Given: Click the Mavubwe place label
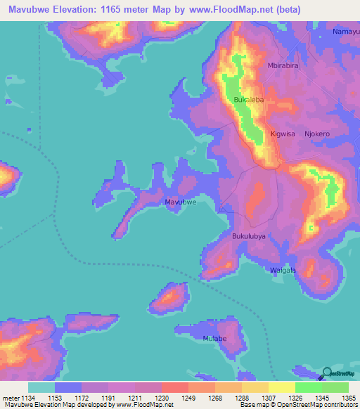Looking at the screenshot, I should [180, 202].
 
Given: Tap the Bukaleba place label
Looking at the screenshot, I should [248, 100].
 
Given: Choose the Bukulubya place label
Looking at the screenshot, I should [249, 237].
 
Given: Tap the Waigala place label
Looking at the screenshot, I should [283, 271].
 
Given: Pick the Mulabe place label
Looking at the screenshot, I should [214, 338].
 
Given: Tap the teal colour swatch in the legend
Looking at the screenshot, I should [41, 387].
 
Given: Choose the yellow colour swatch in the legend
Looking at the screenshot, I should [282, 387].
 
